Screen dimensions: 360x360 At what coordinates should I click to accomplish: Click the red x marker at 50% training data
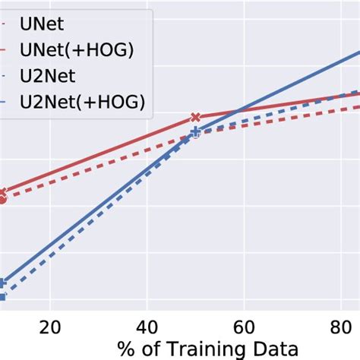click(195, 118)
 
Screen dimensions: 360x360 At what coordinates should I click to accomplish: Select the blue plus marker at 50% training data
click(195, 132)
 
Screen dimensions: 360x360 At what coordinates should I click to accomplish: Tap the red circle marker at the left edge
click(2, 200)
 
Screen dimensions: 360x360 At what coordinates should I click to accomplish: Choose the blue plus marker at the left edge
click(2, 283)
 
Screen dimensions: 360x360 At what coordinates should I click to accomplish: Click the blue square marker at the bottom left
click(2, 297)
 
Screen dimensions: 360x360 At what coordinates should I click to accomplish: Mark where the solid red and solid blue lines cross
click(238, 112)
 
